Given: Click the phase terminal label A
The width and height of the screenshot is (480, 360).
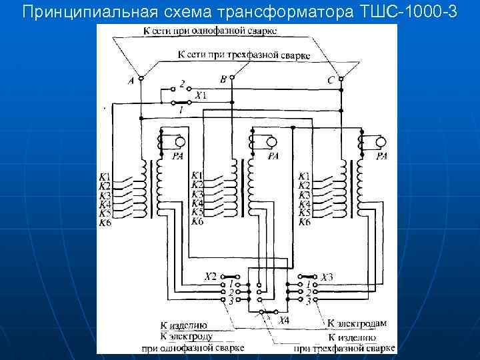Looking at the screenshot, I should coord(130,81).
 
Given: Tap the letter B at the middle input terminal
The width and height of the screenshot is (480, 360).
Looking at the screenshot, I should coord(223,79).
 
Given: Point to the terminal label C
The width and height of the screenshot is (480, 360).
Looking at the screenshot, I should coord(331,81).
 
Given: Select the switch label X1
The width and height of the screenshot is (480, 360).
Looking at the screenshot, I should coord(200,95).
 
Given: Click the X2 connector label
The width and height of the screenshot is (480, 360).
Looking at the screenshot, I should coord(211,275).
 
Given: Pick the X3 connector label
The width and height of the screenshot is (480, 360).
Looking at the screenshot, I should coord(327,277).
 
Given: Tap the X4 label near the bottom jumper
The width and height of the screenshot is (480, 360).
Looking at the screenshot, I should coord(284,321).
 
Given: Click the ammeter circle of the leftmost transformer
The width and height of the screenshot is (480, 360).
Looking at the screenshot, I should coord(180,142).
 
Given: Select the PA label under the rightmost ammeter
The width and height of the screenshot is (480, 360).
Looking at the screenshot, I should coord(381,157).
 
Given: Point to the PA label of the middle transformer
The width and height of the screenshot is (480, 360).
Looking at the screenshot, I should coord(273,157).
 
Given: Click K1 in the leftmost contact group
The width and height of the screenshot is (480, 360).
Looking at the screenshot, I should coord(105,177).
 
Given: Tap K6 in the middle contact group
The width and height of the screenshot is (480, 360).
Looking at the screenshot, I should coord(197,221).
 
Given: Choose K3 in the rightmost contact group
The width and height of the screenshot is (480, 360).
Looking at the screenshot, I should coord(304,195).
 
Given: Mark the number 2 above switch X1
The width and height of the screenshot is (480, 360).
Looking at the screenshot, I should coord(182,85).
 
